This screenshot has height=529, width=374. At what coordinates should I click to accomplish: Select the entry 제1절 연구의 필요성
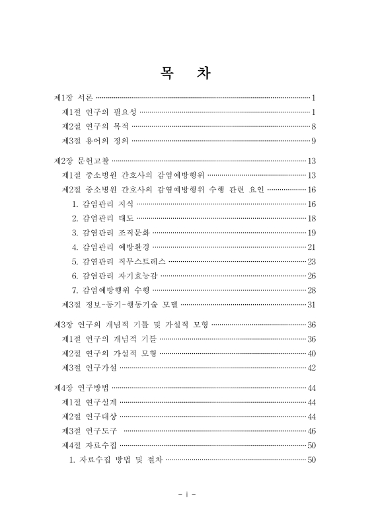(99, 112)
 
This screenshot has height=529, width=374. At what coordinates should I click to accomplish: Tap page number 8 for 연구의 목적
(314, 126)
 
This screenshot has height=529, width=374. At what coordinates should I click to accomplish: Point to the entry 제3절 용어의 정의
(95, 141)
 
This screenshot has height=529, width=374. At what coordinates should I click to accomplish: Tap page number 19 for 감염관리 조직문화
(312, 233)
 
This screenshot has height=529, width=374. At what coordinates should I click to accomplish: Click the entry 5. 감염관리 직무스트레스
(120, 261)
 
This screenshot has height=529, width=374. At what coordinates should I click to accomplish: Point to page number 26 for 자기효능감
(312, 276)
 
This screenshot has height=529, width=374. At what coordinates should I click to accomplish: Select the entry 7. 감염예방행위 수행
(112, 290)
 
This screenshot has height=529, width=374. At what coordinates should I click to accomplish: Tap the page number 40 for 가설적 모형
(312, 353)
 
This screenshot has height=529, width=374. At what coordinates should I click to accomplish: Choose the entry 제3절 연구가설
(90, 368)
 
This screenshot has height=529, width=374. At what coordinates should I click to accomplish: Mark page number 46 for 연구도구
(312, 430)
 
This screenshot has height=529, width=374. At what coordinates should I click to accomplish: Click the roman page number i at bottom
(188, 493)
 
